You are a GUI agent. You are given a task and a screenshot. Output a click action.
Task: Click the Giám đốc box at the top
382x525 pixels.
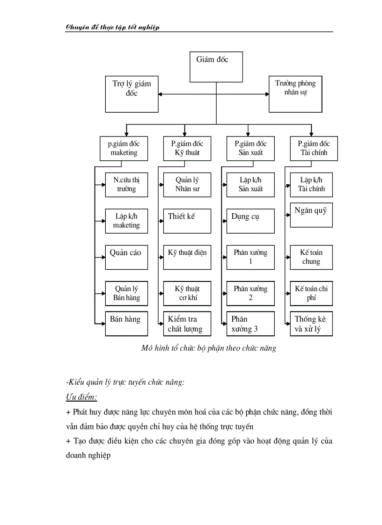pyautogui.click(x=216, y=67)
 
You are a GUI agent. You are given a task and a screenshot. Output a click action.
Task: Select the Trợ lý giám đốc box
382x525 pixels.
pyautogui.click(x=132, y=94)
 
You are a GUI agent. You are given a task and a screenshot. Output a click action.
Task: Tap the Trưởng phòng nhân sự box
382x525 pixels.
pyautogui.click(x=295, y=94)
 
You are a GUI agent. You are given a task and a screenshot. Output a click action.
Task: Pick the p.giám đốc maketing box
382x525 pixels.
pyautogui.click(x=124, y=148)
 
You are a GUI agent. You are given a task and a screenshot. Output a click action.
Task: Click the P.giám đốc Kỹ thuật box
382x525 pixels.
pyautogui.click(x=187, y=148)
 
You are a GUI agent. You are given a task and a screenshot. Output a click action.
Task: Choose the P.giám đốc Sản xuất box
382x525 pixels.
pyautogui.click(x=250, y=148)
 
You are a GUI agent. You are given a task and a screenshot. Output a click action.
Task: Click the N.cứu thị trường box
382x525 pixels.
pyautogui.click(x=126, y=185)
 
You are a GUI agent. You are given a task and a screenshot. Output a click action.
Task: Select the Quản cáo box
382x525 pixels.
pyautogui.click(x=126, y=257)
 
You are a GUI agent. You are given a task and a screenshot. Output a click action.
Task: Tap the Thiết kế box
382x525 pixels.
pyautogui.click(x=187, y=221)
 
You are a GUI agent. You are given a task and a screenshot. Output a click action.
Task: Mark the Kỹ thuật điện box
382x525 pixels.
pyautogui.click(x=187, y=257)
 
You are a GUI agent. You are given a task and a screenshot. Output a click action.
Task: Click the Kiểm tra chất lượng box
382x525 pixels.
pyautogui.click(x=187, y=324)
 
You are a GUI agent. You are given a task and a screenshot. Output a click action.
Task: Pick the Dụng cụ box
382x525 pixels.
pyautogui.click(x=250, y=221)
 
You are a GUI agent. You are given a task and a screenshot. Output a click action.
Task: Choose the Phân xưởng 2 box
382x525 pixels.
pyautogui.click(x=250, y=293)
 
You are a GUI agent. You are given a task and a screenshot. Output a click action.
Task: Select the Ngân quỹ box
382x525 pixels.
pyautogui.click(x=311, y=215)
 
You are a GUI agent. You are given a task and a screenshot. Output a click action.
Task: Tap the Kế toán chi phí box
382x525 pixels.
pyautogui.click(x=311, y=293)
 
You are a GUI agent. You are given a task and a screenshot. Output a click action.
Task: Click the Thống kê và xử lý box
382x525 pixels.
pyautogui.click(x=311, y=324)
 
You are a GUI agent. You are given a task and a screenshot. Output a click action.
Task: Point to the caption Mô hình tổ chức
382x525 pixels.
pyautogui.click(x=209, y=348)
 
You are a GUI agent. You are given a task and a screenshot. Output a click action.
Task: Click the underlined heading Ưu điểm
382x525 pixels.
pyautogui.click(x=81, y=397)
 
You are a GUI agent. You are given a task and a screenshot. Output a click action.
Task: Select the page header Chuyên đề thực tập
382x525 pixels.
pyautogui.click(x=113, y=27)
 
